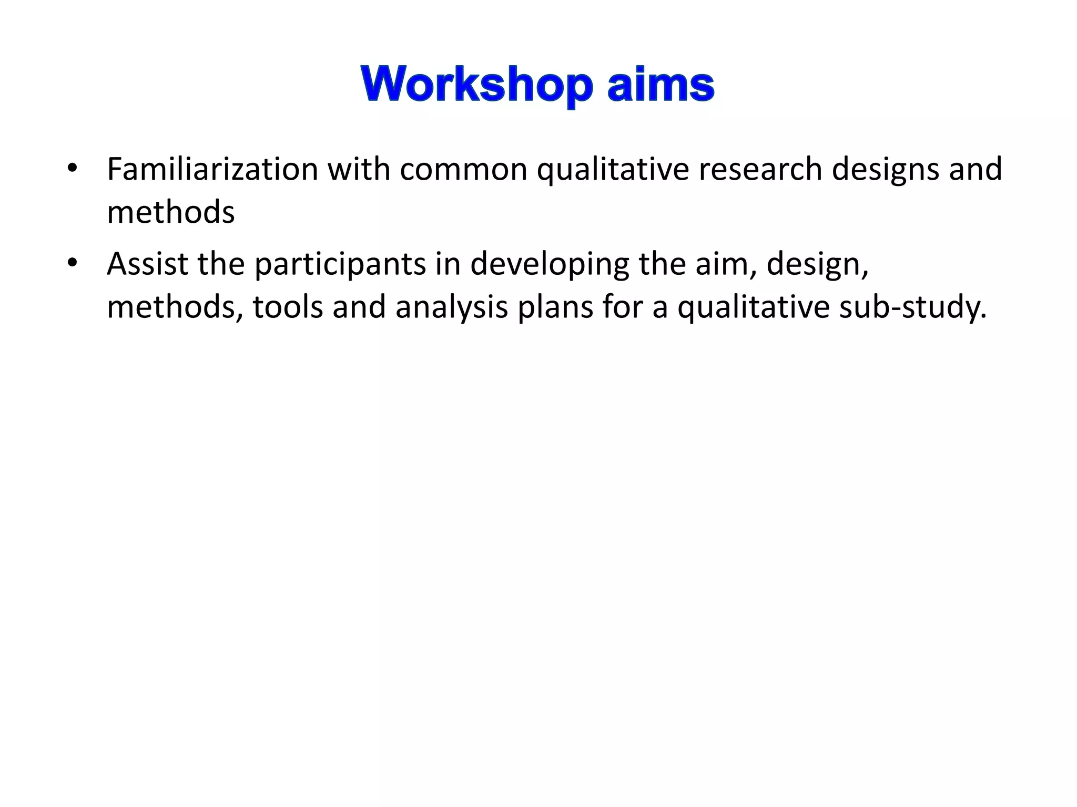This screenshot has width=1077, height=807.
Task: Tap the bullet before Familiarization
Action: click(x=73, y=169)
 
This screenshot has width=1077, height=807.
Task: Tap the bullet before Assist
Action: click(x=73, y=263)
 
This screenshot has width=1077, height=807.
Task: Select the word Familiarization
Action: click(x=212, y=169)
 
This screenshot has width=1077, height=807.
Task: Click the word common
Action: click(x=463, y=170)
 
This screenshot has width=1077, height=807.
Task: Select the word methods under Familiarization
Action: click(x=170, y=212)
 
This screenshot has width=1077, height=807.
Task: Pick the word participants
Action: click(x=340, y=265)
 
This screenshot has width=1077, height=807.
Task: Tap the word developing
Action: click(x=549, y=265)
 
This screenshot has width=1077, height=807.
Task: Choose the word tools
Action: click(x=287, y=307)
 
